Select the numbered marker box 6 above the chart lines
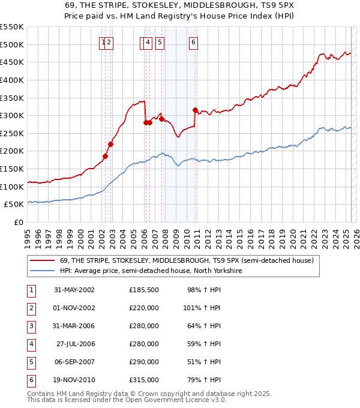tap(194, 42)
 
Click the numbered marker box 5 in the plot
tap(160, 42)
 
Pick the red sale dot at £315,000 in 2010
tap(196, 110)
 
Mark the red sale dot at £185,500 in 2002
tap(105, 156)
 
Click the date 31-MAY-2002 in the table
tap(74, 290)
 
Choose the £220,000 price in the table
tap(143, 308)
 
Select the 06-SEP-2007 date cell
tap(74, 362)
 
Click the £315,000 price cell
tap(143, 380)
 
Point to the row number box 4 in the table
tap(30, 344)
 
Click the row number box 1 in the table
tap(30, 290)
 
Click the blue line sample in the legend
tap(42, 271)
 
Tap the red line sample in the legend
tap(42, 260)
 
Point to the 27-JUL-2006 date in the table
tap(74, 344)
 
